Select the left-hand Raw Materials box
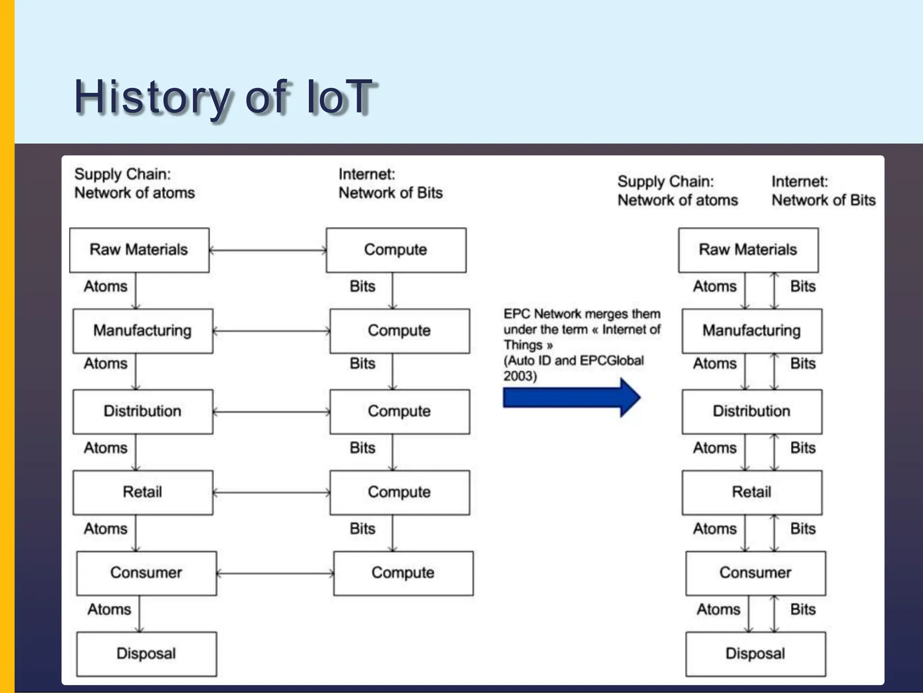139,250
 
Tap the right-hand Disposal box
755,654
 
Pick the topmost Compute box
396,250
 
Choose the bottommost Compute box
403,573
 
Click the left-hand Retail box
142,492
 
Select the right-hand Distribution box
752,411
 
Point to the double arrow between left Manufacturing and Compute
271,331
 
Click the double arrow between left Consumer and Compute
275,573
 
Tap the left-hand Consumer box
146,573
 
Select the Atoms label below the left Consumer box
109,610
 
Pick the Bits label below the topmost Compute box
362,286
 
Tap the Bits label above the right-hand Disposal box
803,610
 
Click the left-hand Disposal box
146,654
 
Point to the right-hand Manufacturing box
752,331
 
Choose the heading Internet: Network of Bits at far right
823,191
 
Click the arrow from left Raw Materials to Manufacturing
136,291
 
